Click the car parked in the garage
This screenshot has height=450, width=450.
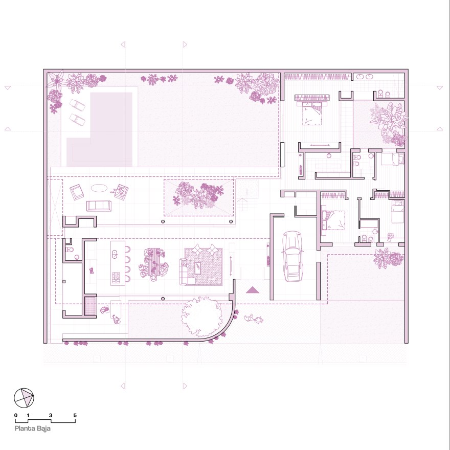pyautogui.click(x=291, y=256)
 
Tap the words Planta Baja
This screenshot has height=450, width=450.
pyautogui.click(x=32, y=429)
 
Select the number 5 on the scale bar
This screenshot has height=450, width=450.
pyautogui.click(x=75, y=415)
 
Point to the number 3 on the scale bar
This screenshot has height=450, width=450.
pyautogui.click(x=51, y=415)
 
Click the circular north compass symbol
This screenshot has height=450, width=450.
pyautogui.click(x=24, y=398)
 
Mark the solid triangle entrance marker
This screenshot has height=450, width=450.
pyautogui.click(x=253, y=290)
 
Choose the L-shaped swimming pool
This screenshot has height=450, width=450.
pyautogui.click(x=100, y=129)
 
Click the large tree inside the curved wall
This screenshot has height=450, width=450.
pyautogui.click(x=202, y=317)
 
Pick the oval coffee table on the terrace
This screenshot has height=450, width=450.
pyautogui.click(x=99, y=188)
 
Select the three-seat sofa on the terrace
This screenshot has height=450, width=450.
pyautogui.click(x=99, y=206)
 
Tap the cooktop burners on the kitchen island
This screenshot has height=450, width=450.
pyautogui.click(x=116, y=278)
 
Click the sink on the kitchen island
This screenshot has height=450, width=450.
pyautogui.click(x=114, y=254)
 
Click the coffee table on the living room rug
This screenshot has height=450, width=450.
pyautogui.click(x=198, y=268)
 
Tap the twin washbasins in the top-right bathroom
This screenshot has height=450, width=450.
pyautogui.click(x=365, y=77)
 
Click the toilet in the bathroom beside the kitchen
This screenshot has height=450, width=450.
pyautogui.click(x=70, y=249)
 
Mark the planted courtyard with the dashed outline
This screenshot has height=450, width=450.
pyautogui.click(x=198, y=197)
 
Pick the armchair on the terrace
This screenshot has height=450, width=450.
pyautogui.click(x=77, y=192)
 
